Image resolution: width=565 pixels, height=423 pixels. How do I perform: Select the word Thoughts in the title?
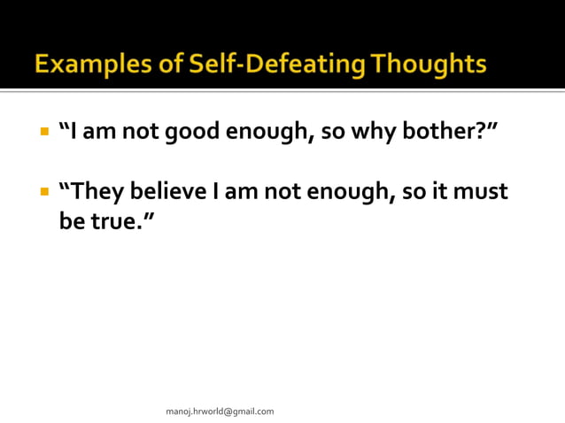(x=429, y=65)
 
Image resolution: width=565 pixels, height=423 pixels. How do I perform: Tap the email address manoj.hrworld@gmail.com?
(x=220, y=411)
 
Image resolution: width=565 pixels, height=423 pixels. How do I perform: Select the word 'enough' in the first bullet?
(x=267, y=133)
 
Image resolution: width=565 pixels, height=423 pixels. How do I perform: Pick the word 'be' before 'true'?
(x=71, y=220)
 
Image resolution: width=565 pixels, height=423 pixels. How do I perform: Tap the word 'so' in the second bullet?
(x=413, y=191)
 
